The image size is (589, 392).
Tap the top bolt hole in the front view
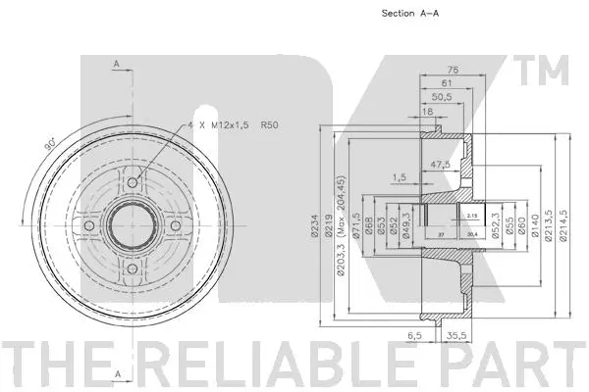(132, 183)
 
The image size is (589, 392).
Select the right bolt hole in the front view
(176, 227)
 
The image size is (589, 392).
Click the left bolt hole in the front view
(87, 227)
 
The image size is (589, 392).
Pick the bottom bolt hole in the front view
(132, 271)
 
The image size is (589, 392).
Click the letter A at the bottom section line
(117, 374)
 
